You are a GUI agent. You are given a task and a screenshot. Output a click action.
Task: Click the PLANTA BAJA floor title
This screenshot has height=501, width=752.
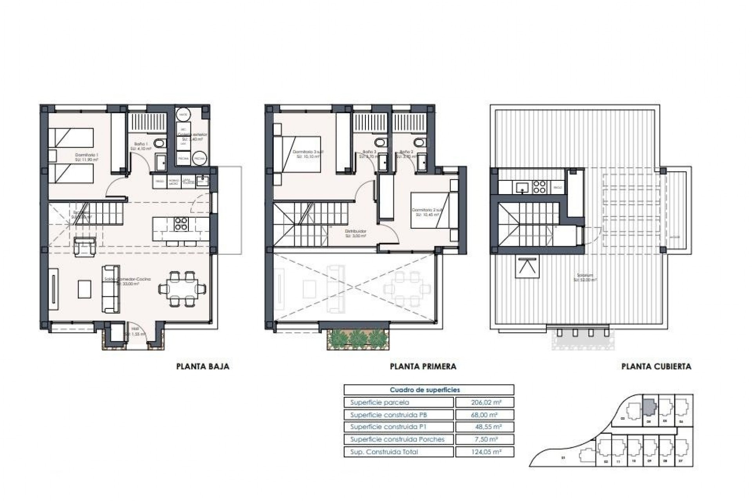[x=202, y=367]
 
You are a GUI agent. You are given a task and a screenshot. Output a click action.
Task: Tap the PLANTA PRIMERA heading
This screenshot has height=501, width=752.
[x=423, y=367]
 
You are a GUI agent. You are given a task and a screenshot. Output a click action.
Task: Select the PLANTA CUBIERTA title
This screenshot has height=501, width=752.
[x=656, y=367]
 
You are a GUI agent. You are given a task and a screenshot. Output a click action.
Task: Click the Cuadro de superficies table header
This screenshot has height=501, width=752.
[x=425, y=390]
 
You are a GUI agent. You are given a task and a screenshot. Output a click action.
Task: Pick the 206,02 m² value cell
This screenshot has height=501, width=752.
[x=484, y=402]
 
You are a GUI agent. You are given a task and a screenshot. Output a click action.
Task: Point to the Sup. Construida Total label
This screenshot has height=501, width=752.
[x=384, y=452]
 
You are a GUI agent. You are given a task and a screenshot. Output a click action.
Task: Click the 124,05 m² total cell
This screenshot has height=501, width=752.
[x=484, y=452]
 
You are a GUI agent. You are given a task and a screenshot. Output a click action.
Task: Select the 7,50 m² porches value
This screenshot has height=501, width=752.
[x=484, y=440]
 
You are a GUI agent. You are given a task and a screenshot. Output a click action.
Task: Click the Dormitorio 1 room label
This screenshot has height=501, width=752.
[x=87, y=157]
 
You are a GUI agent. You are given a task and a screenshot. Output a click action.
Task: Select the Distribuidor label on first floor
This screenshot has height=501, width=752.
[x=356, y=234]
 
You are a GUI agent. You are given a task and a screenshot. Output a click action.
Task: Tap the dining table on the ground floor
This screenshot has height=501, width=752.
[x=183, y=289]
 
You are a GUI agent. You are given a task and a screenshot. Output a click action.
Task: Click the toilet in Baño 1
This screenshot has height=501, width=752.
[x=159, y=144]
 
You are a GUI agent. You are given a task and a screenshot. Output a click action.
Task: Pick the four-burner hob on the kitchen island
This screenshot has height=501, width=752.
[x=181, y=223]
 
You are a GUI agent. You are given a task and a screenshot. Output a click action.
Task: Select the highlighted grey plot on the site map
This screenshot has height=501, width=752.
[x=649, y=407]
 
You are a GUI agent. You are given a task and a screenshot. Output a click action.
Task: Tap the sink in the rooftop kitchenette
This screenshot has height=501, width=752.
[x=522, y=187]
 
